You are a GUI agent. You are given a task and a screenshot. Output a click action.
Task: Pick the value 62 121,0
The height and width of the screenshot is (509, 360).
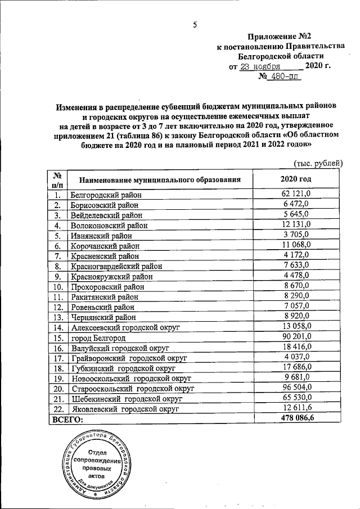pos(296,194)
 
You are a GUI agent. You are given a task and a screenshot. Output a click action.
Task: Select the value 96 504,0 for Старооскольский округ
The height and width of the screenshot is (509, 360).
pos(296,388)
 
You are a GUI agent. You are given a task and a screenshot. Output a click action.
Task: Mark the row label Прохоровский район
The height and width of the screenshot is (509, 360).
pos(107,286)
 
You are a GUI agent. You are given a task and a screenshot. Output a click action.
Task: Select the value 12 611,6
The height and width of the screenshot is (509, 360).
pos(296,408)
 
